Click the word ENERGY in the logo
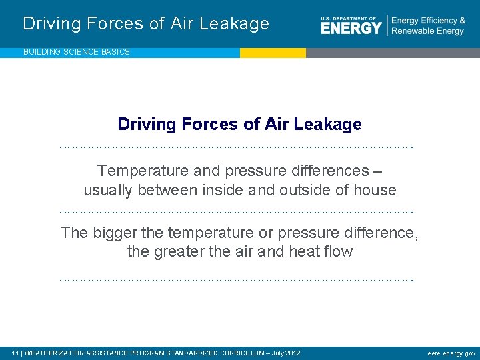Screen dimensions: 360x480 [x=351, y=28]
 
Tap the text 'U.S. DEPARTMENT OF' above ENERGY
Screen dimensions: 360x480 [x=349, y=17]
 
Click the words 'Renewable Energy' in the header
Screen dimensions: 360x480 [x=427, y=31]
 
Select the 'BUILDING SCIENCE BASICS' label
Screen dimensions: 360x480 [x=77, y=52]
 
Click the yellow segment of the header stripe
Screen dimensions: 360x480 [x=273, y=53]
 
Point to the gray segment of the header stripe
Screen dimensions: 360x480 [x=393, y=53]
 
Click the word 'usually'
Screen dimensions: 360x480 [x=108, y=190]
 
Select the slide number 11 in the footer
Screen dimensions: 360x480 [x=15, y=353]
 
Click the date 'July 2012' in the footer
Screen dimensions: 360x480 [x=287, y=353]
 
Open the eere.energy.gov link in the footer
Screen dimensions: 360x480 [x=451, y=353]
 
